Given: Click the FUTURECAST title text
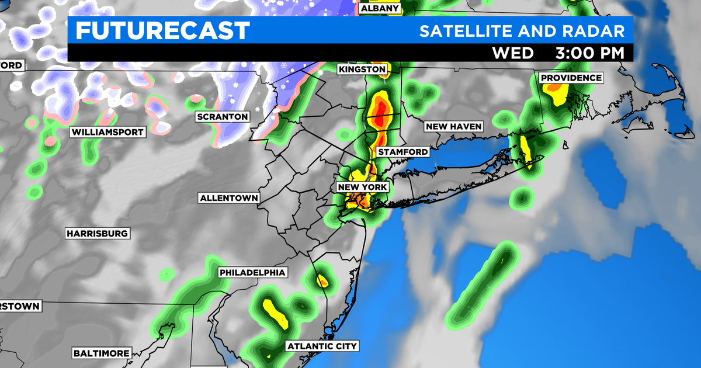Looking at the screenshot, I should (162, 30).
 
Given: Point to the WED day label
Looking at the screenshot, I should (513, 53).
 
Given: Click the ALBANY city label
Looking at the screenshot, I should (380, 9).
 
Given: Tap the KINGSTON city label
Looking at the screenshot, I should (362, 70).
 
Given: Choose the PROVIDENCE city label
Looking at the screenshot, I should (571, 78).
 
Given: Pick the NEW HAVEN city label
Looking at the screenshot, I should (453, 126).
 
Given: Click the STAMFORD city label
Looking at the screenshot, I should (402, 152).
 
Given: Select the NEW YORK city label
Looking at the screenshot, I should (362, 187).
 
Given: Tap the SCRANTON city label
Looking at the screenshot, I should (222, 117).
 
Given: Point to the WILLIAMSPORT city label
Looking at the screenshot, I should (107, 132).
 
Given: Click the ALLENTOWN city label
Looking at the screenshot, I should (229, 198).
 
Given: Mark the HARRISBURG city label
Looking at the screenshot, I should (97, 234).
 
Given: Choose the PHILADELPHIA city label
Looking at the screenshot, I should (252, 273).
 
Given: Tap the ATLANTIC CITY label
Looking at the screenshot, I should (322, 346).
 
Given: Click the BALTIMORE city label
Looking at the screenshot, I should (101, 353).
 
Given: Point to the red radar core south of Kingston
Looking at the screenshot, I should (381, 112).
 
